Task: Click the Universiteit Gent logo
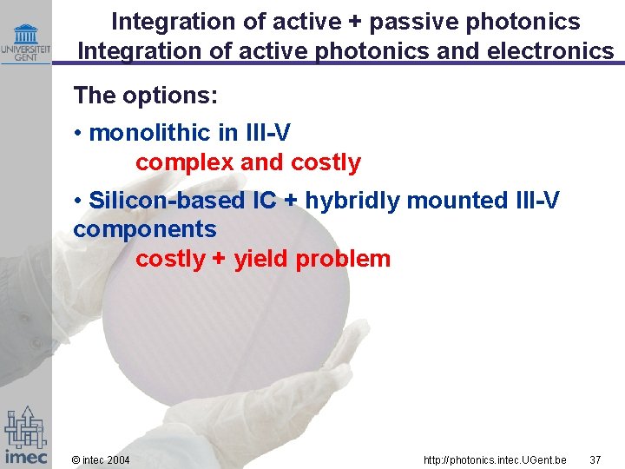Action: pyautogui.click(x=25, y=42)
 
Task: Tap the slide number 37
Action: pyautogui.click(x=595, y=459)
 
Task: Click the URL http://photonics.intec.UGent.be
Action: pyautogui.click(x=494, y=459)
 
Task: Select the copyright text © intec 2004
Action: pyautogui.click(x=101, y=459)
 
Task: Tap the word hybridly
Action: pyautogui.click(x=352, y=201)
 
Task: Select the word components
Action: pyautogui.click(x=145, y=229)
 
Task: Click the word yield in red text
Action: pyautogui.click(x=261, y=259)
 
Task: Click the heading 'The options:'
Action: pyautogui.click(x=145, y=96)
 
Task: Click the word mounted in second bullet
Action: pyautogui.click(x=451, y=201)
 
